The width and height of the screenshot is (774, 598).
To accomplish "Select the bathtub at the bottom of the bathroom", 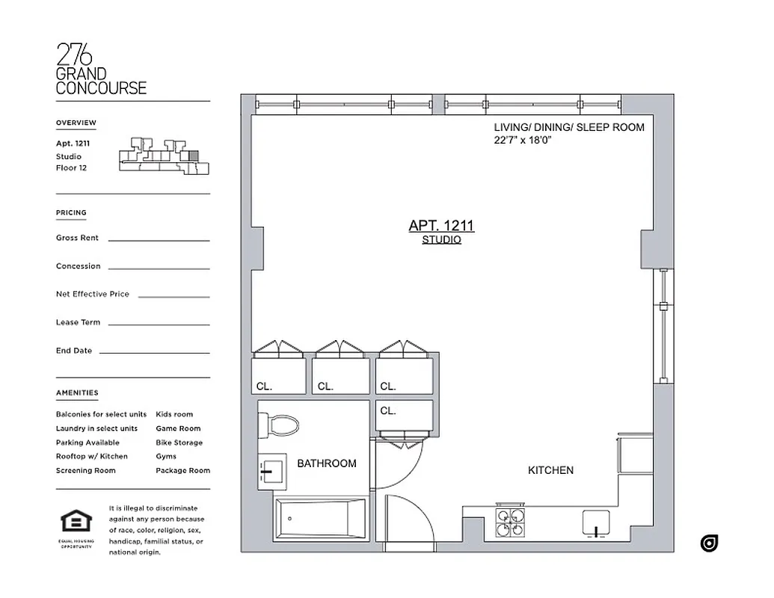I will pyautogui.click(x=321, y=518).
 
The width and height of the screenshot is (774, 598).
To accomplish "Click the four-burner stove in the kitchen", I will pyautogui.click(x=512, y=522).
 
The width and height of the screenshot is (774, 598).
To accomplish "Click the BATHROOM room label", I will pyautogui.click(x=327, y=463).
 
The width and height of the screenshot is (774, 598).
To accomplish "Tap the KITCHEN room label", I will pyautogui.click(x=550, y=470).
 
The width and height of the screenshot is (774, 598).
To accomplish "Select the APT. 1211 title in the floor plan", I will pyautogui.click(x=441, y=225).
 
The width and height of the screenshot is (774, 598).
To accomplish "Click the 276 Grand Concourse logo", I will pyautogui.click(x=101, y=69).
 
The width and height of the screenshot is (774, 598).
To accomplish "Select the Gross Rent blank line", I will pyautogui.click(x=159, y=240).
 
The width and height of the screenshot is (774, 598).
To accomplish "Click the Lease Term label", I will pyautogui.click(x=78, y=322).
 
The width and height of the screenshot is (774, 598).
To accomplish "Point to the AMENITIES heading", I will pyautogui.click(x=77, y=392).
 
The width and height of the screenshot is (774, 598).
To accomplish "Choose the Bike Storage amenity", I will pyautogui.click(x=179, y=443).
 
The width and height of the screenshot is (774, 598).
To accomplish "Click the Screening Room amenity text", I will pyautogui.click(x=86, y=470).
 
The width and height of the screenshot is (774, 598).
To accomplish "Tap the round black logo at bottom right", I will pyautogui.click(x=709, y=543).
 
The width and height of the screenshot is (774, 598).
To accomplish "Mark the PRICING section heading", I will pyautogui.click(x=71, y=212).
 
